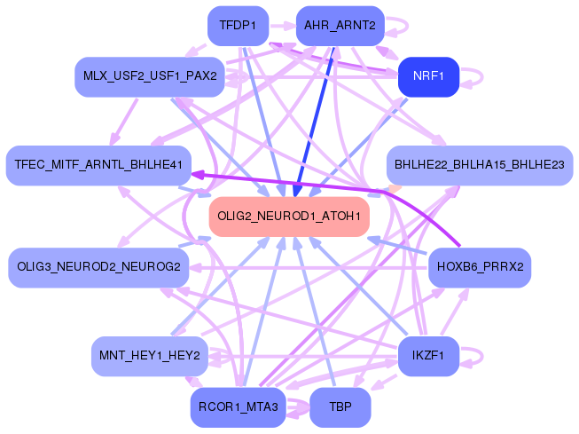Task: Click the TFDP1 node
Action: (x=238, y=26)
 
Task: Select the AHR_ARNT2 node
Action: (x=340, y=26)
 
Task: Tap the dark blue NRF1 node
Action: (x=428, y=76)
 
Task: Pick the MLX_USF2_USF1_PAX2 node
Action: (x=150, y=76)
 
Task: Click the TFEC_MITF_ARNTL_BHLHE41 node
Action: (x=98, y=165)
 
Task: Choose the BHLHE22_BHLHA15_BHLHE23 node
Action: (x=480, y=165)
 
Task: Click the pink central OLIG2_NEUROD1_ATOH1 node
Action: (x=289, y=217)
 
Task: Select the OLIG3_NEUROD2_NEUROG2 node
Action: (x=98, y=267)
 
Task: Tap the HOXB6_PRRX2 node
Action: (x=480, y=267)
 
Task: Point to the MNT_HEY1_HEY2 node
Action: (x=150, y=356)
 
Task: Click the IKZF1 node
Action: (x=428, y=356)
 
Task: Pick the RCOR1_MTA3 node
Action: (x=238, y=407)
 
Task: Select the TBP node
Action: (x=340, y=407)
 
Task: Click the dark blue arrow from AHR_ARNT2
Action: (x=314, y=122)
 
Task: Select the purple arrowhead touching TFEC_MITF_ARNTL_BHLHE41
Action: (x=198, y=174)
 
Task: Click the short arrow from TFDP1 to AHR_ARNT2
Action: (x=283, y=26)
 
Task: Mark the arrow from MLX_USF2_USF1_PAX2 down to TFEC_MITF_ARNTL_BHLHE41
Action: (x=125, y=122)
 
